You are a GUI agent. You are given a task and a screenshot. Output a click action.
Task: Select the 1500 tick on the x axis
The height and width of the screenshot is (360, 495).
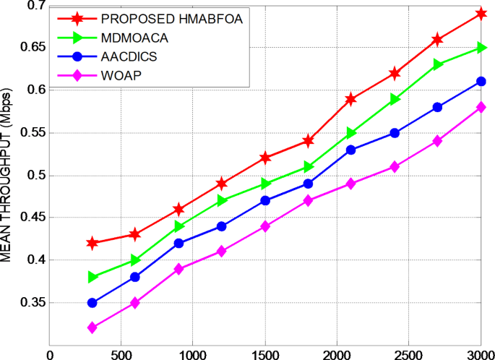pyautogui.click(x=265, y=355)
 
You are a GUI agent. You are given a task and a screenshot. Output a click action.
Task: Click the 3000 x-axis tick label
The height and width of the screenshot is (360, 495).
pyautogui.click(x=480, y=355)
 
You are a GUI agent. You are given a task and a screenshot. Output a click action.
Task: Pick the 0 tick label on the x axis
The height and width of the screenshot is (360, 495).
pyautogui.click(x=49, y=355)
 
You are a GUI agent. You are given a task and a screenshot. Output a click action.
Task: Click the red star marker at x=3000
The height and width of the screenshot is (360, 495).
pyautogui.click(x=481, y=14)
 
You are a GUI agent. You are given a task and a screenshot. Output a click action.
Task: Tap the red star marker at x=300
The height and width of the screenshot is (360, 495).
pyautogui.click(x=92, y=243)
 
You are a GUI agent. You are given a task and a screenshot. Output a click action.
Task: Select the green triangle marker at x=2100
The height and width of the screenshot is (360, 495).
pyautogui.click(x=352, y=133)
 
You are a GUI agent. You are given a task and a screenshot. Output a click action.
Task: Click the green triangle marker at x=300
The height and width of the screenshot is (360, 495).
pyautogui.click(x=92, y=277)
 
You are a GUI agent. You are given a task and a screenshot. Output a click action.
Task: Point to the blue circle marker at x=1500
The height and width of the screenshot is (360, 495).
pyautogui.click(x=265, y=200)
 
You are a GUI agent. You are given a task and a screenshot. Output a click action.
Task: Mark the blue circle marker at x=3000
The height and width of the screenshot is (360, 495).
pyautogui.click(x=481, y=82)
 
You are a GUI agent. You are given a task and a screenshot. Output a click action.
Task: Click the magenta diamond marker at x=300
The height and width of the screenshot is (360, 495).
pyautogui.click(x=92, y=328)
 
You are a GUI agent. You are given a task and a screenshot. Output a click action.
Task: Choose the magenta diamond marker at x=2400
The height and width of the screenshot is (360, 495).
pyautogui.click(x=395, y=167)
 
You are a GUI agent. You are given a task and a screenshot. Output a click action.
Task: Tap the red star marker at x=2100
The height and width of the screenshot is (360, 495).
pyautogui.click(x=352, y=99)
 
